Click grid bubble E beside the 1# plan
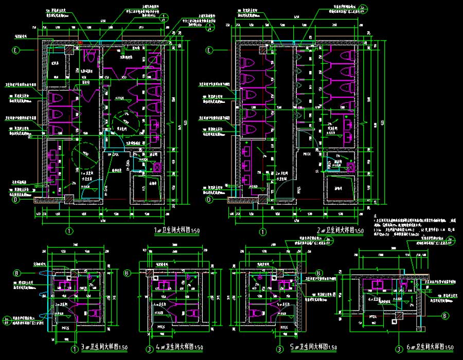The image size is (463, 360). click(16, 50)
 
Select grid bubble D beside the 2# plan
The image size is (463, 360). click(209, 200)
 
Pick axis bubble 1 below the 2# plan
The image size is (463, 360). click(263, 231)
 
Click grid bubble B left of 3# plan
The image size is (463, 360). click(16, 273)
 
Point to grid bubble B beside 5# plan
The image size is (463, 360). click(318, 273)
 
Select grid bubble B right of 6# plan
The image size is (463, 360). click(445, 315)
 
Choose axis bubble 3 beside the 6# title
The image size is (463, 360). click(400, 348)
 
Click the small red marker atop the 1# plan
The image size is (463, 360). click(81, 42)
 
